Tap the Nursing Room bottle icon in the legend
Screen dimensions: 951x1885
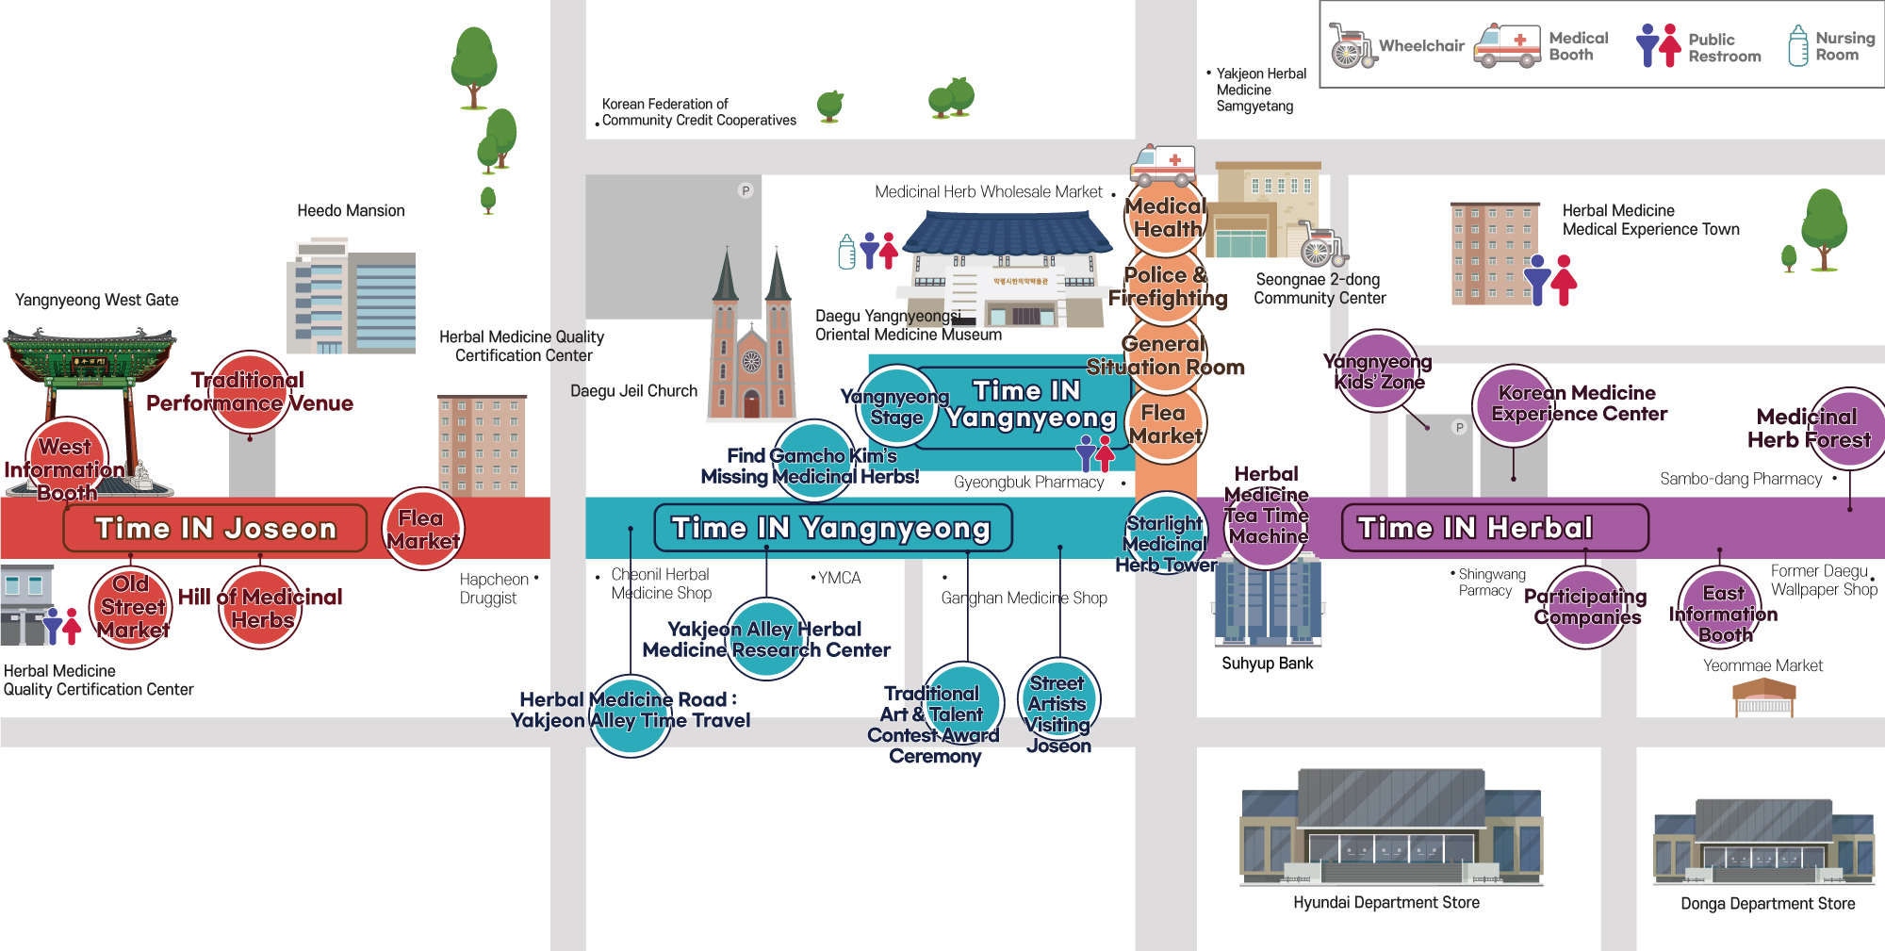1798,46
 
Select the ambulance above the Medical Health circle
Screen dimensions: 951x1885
1162,165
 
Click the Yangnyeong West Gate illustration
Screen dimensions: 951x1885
89,377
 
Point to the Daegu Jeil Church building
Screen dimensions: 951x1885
751,339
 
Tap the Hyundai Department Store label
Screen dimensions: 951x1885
1385,903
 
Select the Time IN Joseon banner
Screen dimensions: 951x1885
215,528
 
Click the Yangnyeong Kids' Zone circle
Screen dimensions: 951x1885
1379,371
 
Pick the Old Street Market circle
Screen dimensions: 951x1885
131,607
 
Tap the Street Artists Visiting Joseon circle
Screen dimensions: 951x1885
1058,701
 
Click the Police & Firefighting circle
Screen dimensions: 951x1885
1167,285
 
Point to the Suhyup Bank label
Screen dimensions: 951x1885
1267,664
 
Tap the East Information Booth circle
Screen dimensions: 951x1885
1722,609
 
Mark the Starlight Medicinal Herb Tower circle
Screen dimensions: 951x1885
1167,533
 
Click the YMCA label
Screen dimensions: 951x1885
839,578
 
